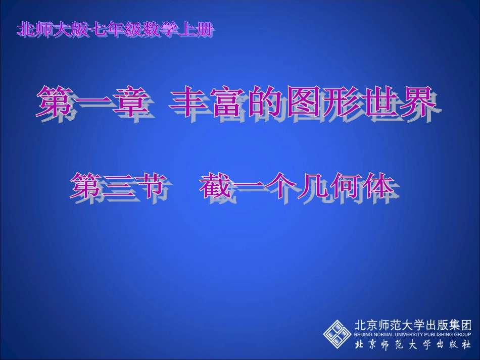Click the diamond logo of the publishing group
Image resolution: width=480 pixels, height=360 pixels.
click(338, 333)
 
